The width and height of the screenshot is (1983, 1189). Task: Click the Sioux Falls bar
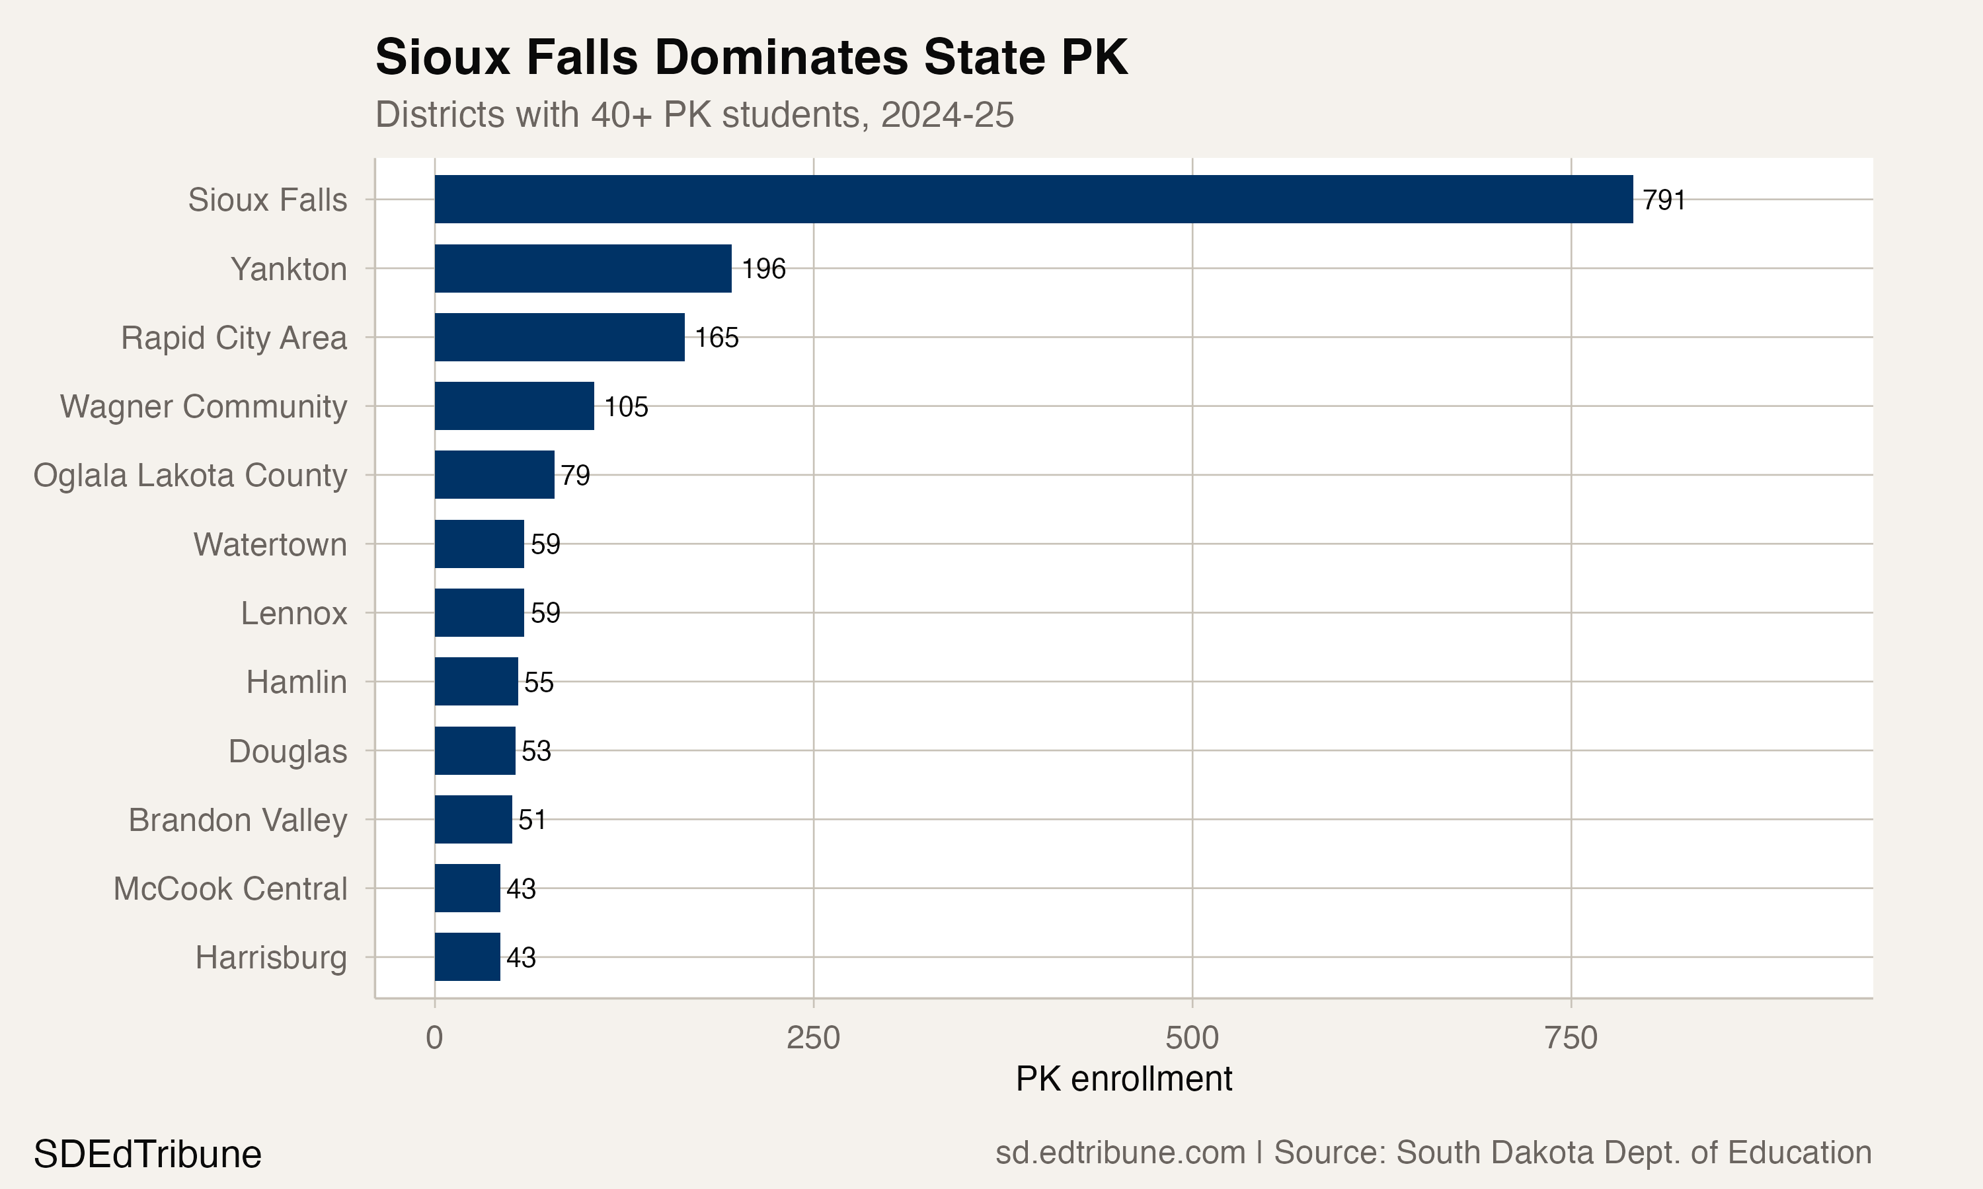pyautogui.click(x=1033, y=199)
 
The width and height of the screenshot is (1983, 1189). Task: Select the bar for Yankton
pyautogui.click(x=583, y=268)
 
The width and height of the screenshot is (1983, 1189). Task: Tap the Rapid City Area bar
pyautogui.click(x=559, y=338)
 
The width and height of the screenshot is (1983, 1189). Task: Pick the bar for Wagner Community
pyautogui.click(x=514, y=406)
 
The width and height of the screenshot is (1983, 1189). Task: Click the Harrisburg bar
pyautogui.click(x=467, y=956)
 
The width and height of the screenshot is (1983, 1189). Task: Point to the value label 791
pyautogui.click(x=1664, y=199)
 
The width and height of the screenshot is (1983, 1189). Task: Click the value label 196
pyautogui.click(x=763, y=268)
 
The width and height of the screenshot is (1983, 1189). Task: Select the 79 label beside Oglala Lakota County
pyautogui.click(x=576, y=475)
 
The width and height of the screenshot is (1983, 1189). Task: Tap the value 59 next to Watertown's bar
pyautogui.click(x=545, y=544)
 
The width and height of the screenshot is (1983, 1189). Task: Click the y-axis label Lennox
pyautogui.click(x=293, y=613)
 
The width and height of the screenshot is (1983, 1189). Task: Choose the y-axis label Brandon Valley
pyautogui.click(x=237, y=820)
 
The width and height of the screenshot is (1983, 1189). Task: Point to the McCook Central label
pyautogui.click(x=230, y=888)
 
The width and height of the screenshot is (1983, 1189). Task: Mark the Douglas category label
pyautogui.click(x=287, y=751)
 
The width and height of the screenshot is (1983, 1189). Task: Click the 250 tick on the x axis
pyautogui.click(x=813, y=1038)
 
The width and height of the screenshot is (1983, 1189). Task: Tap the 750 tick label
pyautogui.click(x=1571, y=1038)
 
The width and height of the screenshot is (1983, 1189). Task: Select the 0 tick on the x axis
pyautogui.click(x=434, y=1038)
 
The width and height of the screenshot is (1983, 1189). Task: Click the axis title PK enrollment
pyautogui.click(x=1123, y=1079)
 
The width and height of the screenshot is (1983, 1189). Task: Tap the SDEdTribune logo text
pyautogui.click(x=147, y=1154)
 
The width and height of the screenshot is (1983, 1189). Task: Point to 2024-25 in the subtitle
pyautogui.click(x=947, y=114)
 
